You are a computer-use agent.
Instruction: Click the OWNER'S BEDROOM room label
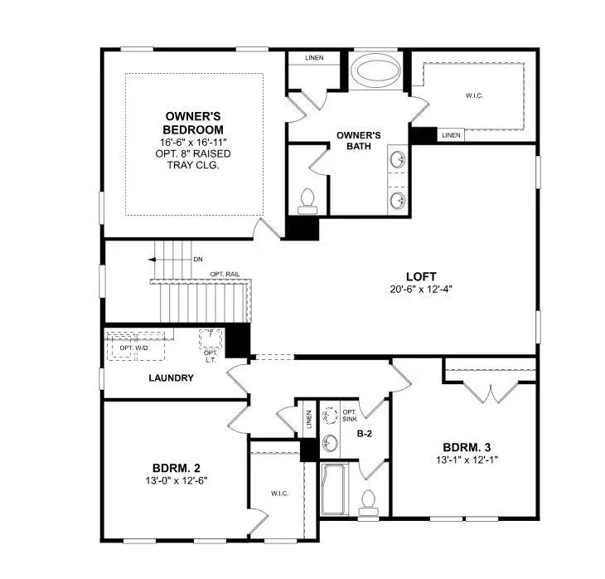194,123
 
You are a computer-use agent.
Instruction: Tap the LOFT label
421,276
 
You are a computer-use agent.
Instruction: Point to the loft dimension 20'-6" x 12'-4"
421,289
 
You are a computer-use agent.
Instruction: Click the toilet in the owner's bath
308,199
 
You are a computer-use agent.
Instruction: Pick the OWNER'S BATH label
358,140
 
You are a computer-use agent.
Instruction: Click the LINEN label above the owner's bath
314,58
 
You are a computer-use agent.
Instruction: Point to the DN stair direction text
198,260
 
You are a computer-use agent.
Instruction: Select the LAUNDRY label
171,378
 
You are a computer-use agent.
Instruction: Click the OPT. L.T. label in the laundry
211,356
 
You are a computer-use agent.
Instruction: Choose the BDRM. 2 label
175,466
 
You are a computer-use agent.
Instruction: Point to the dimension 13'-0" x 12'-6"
175,480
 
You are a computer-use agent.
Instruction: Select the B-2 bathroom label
363,433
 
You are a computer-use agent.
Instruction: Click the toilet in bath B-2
370,500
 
